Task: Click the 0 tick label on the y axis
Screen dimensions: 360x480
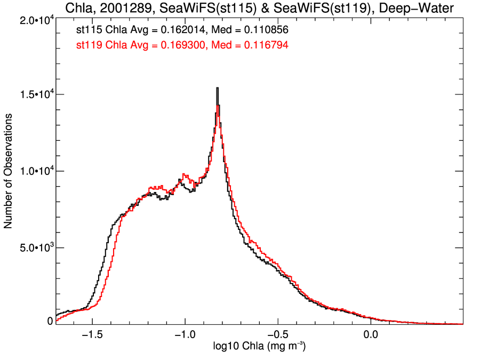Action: coord(50,321)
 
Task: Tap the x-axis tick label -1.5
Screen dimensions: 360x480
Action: coord(93,335)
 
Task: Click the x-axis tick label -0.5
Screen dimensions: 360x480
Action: coord(277,335)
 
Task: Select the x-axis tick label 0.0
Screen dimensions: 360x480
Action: coord(370,335)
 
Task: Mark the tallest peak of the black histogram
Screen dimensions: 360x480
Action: coord(217,89)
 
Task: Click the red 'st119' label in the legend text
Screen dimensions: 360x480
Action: coord(89,46)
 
